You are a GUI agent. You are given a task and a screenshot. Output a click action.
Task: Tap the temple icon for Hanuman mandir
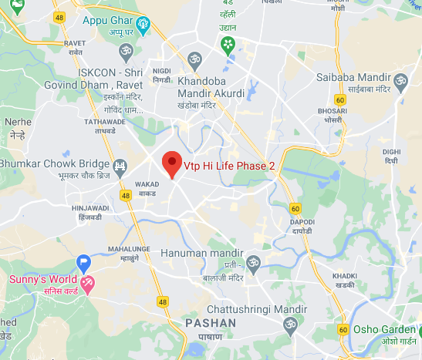click(253, 264)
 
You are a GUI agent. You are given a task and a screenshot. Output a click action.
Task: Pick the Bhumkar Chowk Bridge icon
click(120, 166)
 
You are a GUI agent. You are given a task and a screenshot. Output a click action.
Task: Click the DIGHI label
click(394, 152)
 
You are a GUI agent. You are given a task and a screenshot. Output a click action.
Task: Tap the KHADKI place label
click(344, 275)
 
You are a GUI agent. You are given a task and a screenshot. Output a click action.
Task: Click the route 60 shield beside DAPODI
click(295, 208)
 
